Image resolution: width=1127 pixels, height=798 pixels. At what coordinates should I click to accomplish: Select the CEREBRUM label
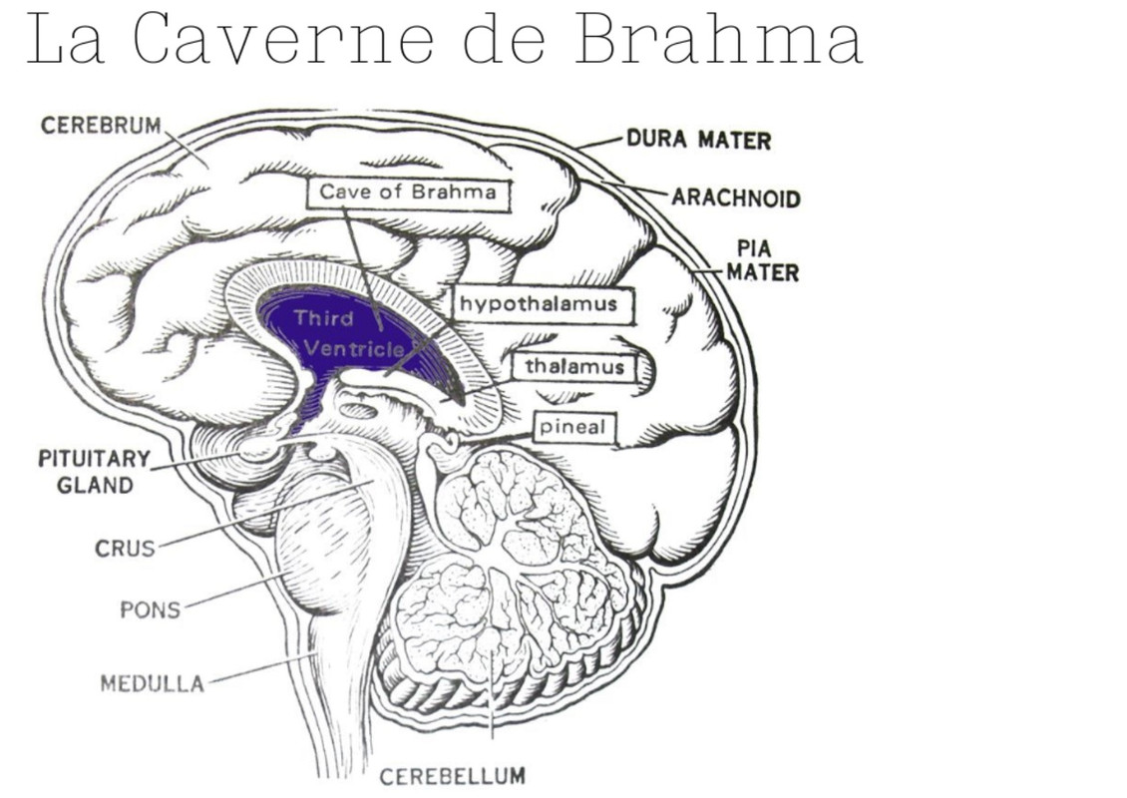101,126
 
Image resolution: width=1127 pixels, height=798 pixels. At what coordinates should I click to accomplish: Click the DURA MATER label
698,140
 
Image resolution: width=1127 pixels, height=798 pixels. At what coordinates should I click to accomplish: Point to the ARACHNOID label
735,198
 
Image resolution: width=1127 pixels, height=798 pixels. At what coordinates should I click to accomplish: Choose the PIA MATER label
762,259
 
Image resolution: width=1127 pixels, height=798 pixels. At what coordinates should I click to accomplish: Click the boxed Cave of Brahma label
407,192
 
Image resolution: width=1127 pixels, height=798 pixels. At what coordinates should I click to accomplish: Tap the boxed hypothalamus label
538,304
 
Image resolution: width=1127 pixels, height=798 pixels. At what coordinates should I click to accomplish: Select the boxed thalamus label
574,367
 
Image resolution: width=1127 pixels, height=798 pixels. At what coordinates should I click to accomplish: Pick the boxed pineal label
572,428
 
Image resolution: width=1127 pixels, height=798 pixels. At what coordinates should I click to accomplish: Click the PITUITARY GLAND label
94,472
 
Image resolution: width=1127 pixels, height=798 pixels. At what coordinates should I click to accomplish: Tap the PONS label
151,608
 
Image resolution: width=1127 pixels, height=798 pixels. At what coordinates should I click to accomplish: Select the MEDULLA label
152,683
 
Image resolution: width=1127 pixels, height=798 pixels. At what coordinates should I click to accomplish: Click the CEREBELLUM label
452,775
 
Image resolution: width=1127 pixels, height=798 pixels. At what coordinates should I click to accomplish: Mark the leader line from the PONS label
234,590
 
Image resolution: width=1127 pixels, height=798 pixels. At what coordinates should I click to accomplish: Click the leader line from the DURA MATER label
599,143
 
